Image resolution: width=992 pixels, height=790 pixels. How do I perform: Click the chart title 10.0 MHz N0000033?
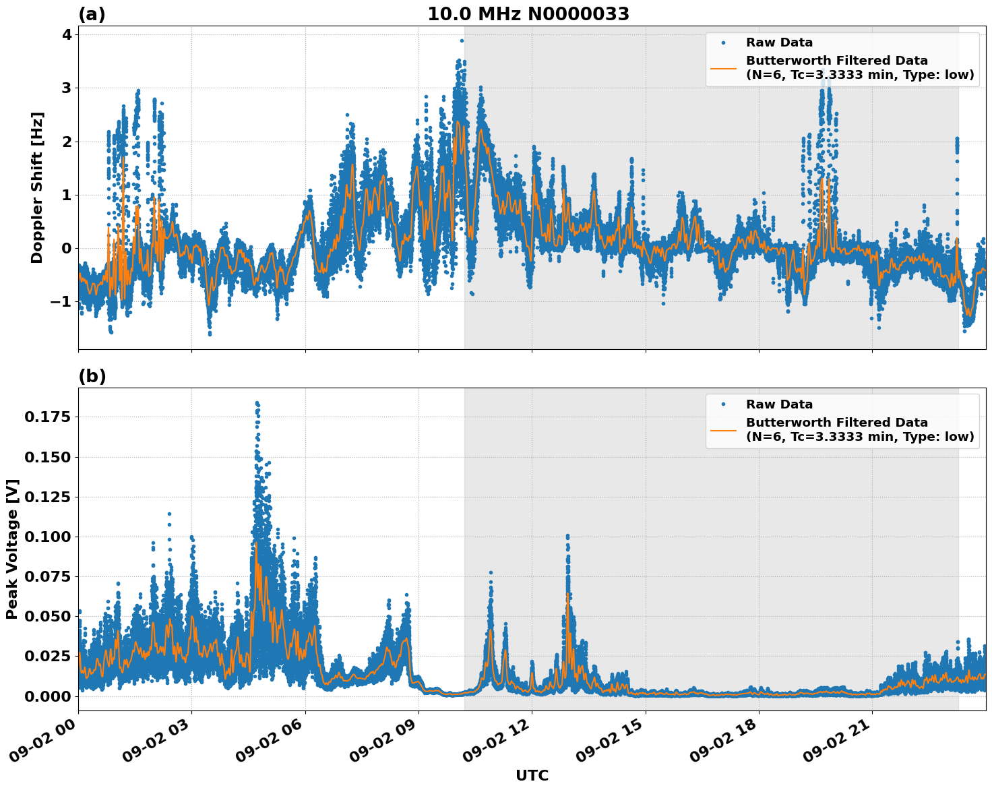528,14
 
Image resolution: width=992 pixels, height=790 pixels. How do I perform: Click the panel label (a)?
92,14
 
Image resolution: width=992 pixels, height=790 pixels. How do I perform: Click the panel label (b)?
92,376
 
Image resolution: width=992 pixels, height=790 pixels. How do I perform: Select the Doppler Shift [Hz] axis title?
37,187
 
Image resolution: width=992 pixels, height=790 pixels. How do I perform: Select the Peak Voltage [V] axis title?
12,549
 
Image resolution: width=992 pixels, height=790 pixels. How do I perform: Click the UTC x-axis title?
532,775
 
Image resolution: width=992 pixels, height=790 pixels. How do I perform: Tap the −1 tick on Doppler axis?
61,301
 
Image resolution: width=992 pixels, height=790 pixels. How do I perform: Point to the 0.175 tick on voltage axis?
46,417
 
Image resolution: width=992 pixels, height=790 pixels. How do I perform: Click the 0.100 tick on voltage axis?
46,537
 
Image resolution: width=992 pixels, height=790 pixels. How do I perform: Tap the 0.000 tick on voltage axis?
46,696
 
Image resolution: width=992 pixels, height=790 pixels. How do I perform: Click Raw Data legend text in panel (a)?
779,42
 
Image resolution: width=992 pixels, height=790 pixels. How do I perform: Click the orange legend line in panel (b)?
724,429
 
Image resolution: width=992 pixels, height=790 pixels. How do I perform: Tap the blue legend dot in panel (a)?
724,42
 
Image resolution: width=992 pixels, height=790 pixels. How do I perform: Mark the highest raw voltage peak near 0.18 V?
257,403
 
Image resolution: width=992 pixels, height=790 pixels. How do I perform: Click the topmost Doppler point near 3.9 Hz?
462,40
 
